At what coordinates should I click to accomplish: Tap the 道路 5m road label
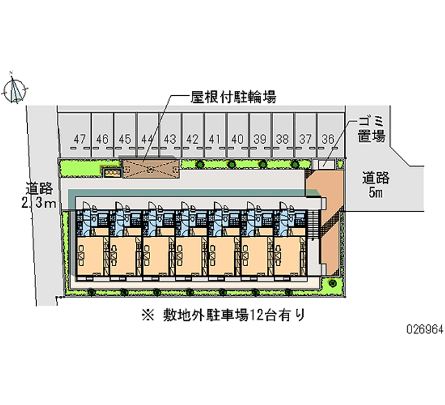point(377,186)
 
